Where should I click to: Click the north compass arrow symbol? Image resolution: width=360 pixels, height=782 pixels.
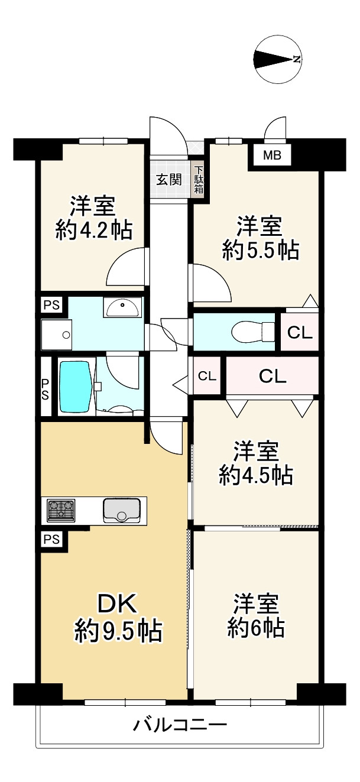point(277,59)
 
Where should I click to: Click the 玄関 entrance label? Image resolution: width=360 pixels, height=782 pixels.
point(168,180)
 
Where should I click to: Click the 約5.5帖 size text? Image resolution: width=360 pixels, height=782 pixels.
point(260,251)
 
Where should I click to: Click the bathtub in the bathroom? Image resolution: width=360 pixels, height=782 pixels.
point(75,388)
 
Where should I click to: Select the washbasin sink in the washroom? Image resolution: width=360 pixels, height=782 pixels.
point(123,307)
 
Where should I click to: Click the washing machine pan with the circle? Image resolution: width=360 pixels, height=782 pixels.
point(57,335)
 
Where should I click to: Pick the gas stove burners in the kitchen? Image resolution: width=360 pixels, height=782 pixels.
point(61,510)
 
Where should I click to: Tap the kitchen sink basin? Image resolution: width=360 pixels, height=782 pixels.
point(122,510)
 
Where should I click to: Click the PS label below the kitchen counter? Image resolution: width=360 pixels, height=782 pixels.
point(51,540)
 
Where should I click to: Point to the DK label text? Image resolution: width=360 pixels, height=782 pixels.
point(117,604)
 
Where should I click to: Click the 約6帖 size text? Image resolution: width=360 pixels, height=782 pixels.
point(257,628)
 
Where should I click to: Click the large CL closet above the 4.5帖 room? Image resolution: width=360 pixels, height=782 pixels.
point(273,376)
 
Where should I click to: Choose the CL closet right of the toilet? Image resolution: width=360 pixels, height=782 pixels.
point(299,333)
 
